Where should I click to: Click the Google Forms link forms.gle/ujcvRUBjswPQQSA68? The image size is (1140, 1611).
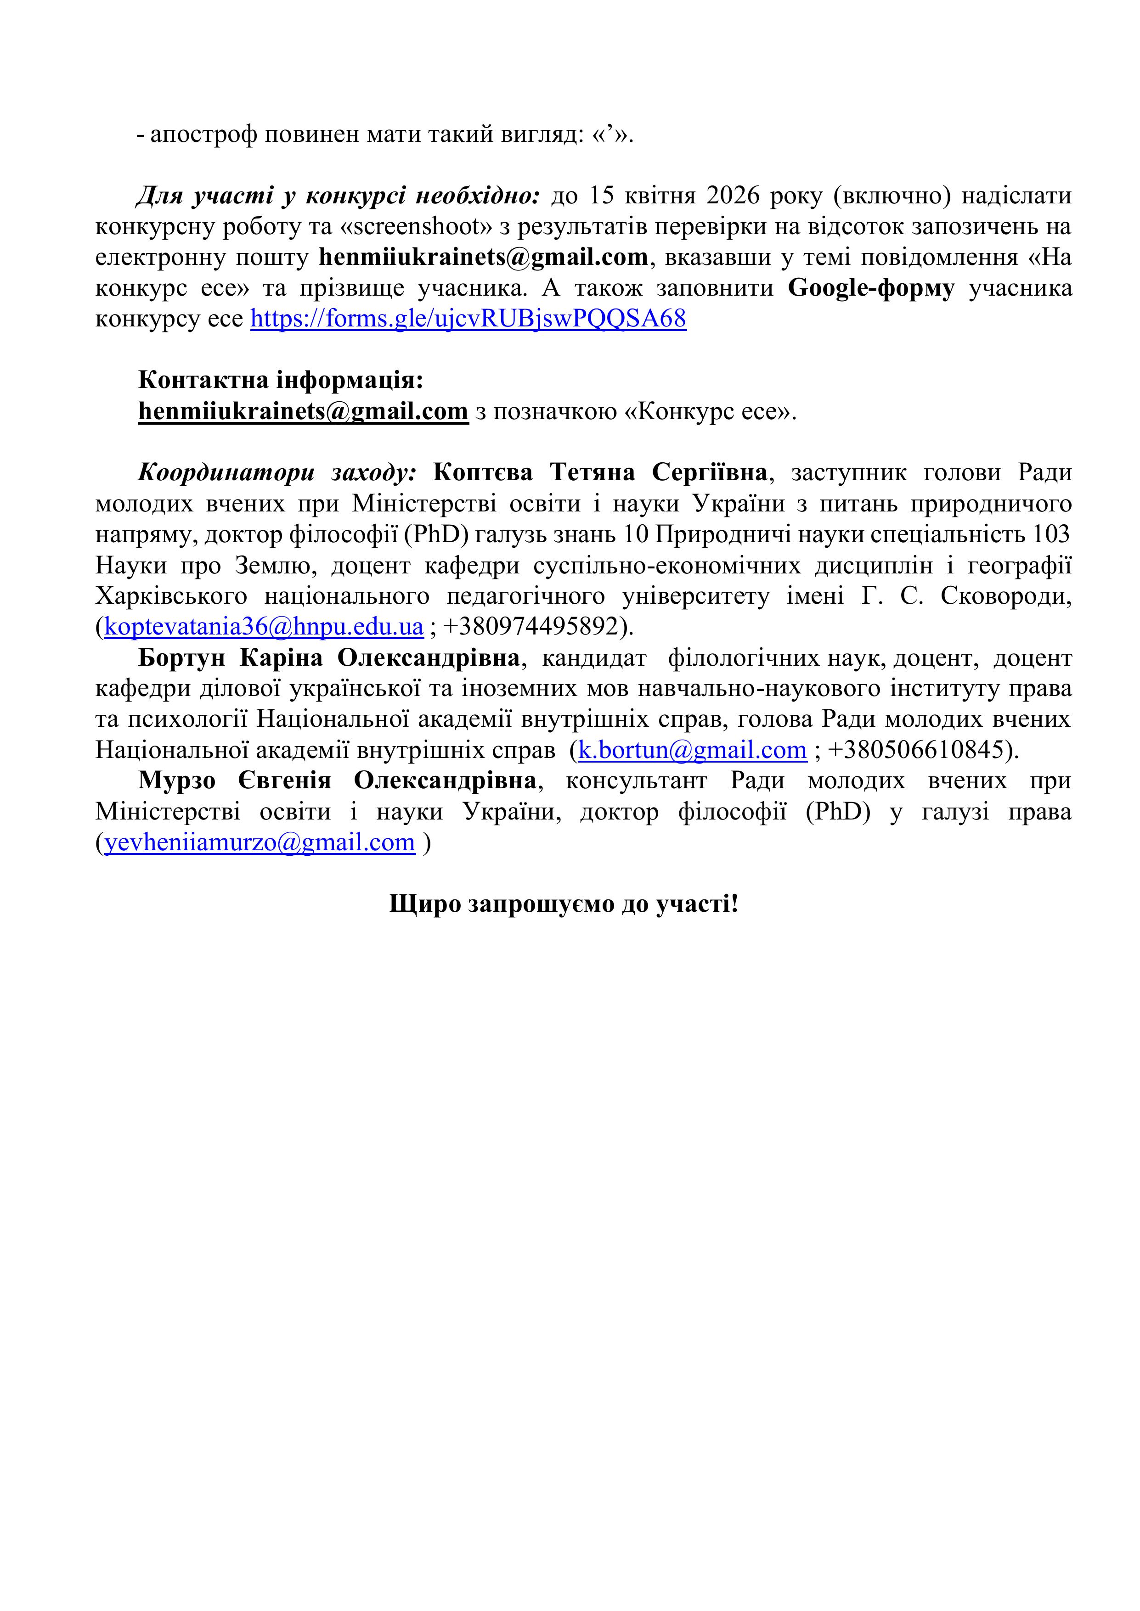point(468,319)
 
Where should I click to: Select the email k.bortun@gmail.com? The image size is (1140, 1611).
point(692,750)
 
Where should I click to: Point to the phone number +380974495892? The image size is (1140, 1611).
point(532,627)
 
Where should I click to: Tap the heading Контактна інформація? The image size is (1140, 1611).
point(281,380)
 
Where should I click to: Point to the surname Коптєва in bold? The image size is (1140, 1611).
point(482,473)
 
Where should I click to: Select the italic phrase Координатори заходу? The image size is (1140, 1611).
point(277,473)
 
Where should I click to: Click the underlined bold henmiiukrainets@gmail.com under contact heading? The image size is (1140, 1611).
point(303,411)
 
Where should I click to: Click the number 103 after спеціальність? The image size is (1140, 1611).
point(1051,535)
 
